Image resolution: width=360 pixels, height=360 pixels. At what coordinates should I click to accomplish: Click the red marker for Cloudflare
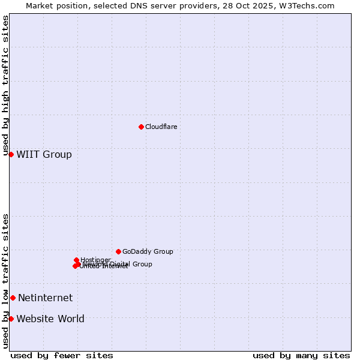pos(141,127)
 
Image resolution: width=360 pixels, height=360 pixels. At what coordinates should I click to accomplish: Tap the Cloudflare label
pos(161,127)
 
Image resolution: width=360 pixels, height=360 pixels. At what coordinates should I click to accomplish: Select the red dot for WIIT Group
pos(11,154)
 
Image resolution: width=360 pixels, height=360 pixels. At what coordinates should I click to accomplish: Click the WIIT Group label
pos(44,154)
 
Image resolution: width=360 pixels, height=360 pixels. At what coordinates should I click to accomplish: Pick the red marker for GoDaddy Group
pos(118,251)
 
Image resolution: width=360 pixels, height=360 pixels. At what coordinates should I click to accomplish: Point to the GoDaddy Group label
pos(148,251)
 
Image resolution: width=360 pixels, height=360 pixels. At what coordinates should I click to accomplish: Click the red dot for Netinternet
pos(13,298)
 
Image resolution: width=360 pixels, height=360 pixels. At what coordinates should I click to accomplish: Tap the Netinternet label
pos(45,298)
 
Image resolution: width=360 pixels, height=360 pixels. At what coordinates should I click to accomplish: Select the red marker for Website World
pos(11,319)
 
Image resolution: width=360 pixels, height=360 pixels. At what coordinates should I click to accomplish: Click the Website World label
pos(50,319)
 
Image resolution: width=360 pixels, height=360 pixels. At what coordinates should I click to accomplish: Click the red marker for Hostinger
pos(76,260)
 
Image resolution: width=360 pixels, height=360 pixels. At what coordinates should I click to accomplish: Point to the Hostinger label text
pos(95,260)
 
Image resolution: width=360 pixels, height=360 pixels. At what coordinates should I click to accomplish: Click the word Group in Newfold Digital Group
pos(142,264)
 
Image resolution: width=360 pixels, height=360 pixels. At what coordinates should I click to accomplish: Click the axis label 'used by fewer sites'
pos(62,355)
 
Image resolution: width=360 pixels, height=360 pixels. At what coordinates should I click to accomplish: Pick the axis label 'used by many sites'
pos(301,355)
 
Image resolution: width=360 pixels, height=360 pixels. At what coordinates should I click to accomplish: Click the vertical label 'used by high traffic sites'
pos(5,85)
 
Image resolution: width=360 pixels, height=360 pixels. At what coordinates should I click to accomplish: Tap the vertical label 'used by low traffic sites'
pos(5,281)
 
